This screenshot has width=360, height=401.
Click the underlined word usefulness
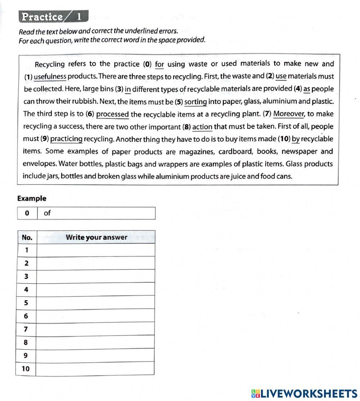pos(50,76)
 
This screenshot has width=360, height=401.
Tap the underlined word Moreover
pos(289,114)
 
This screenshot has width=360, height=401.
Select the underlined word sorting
pos(195,102)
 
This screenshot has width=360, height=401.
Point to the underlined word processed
pos(112,114)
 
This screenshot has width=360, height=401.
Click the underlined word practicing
pos(67,139)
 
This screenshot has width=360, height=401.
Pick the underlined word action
pos(202,127)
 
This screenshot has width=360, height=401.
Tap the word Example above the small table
pos(32,198)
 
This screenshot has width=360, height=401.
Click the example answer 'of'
pos(47,213)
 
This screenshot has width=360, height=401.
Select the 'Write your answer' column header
pos(96,237)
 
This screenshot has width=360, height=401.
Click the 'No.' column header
pos(27,237)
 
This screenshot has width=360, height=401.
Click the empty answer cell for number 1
pos(96,250)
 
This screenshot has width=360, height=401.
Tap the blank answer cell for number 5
pos(96,303)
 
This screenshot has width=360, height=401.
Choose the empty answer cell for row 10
pos(96,369)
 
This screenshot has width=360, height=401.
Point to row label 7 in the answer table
pos(26,329)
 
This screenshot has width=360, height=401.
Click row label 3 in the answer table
pos(26,276)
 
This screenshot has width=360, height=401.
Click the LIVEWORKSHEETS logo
pos(304,393)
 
